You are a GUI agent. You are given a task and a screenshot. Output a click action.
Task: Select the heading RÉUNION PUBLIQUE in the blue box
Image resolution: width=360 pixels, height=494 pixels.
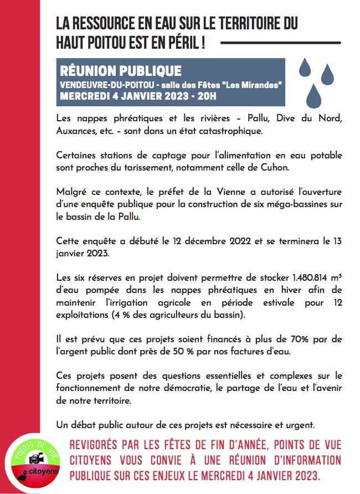[x=121, y=71]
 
